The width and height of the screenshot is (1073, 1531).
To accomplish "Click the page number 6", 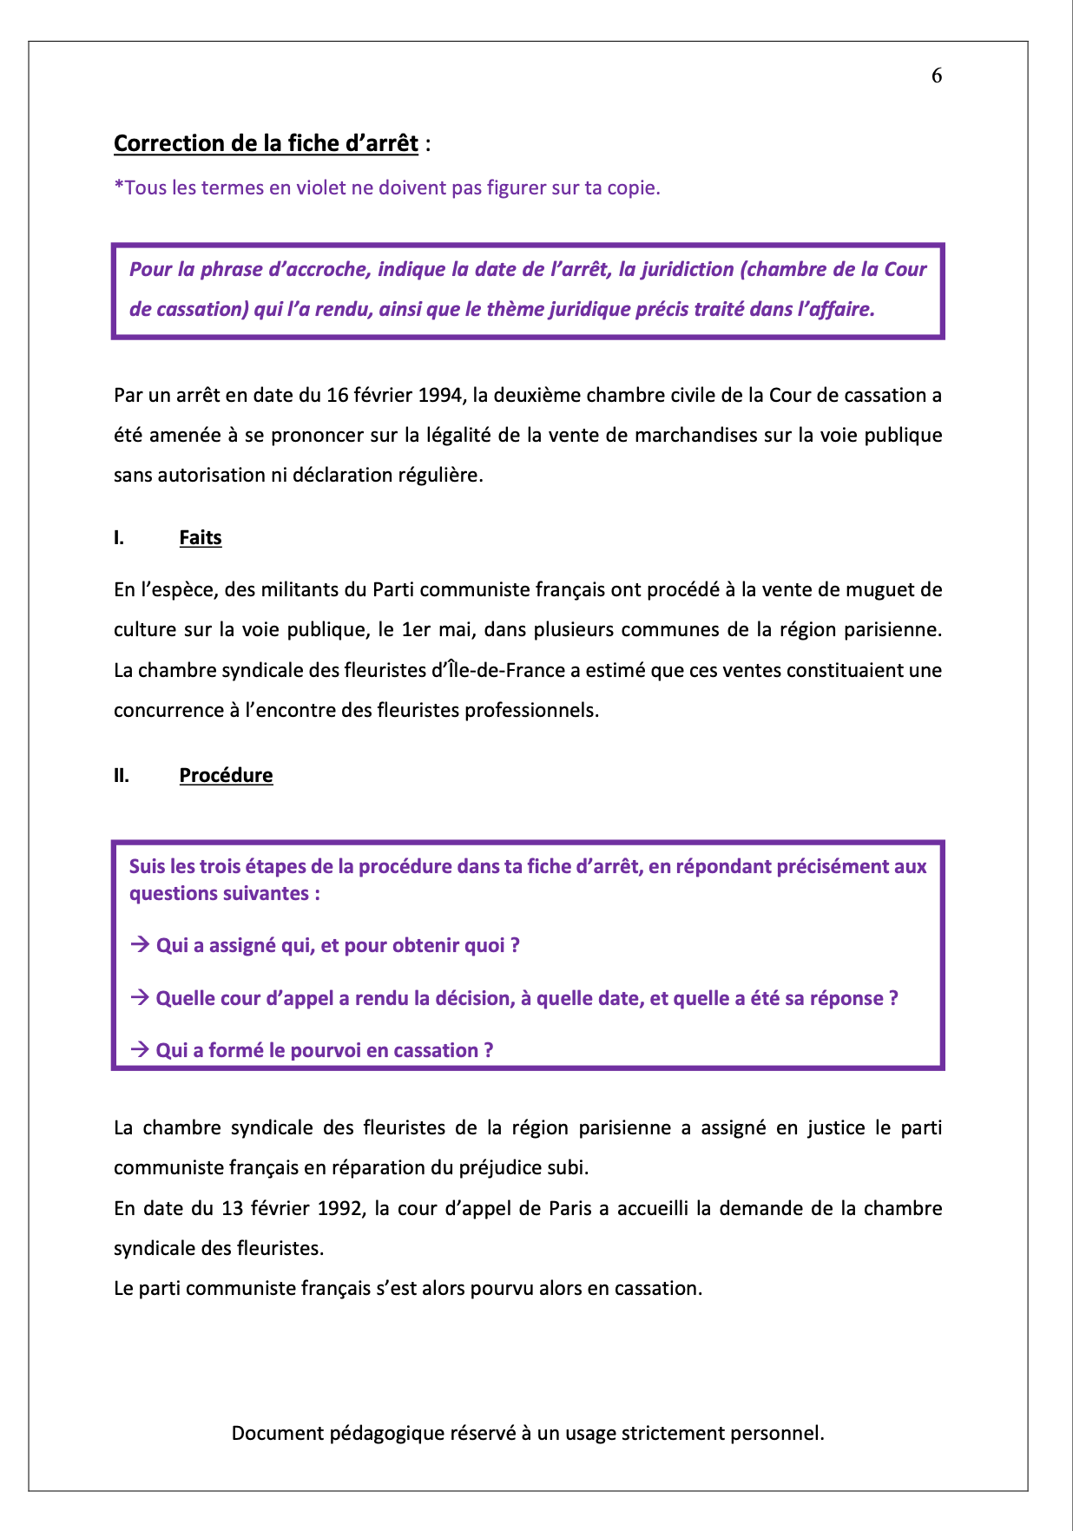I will pyautogui.click(x=937, y=76).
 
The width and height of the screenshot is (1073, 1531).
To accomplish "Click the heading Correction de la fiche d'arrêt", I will pyautogui.click(x=266, y=143).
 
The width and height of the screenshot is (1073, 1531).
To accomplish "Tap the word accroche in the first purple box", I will pyautogui.click(x=331, y=269).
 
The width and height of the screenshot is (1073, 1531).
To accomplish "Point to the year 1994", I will pyautogui.click(x=440, y=396).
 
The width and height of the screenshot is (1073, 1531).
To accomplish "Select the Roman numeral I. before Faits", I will pyautogui.click(x=119, y=538).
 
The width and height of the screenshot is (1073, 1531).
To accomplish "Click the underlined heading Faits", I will pyautogui.click(x=201, y=538).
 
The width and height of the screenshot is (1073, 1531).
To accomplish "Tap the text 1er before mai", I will pyautogui.click(x=417, y=630).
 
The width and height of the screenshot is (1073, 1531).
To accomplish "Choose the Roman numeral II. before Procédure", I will pyautogui.click(x=122, y=776).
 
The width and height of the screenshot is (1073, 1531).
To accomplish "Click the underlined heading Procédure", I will pyautogui.click(x=226, y=776).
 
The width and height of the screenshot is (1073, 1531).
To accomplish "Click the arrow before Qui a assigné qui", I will pyautogui.click(x=140, y=945).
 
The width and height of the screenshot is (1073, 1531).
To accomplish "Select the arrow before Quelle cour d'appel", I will pyautogui.click(x=140, y=998).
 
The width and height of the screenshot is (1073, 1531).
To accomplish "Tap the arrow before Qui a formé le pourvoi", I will pyautogui.click(x=140, y=1050).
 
